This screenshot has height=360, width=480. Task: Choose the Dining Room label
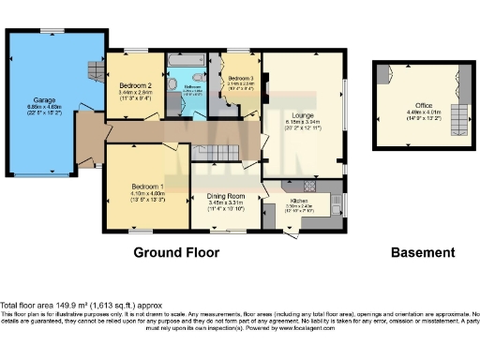pos(225,195)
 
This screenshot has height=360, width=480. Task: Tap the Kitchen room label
pos(299,201)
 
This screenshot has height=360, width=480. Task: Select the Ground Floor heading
pos(176,253)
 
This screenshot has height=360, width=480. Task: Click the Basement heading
pos(424,253)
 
